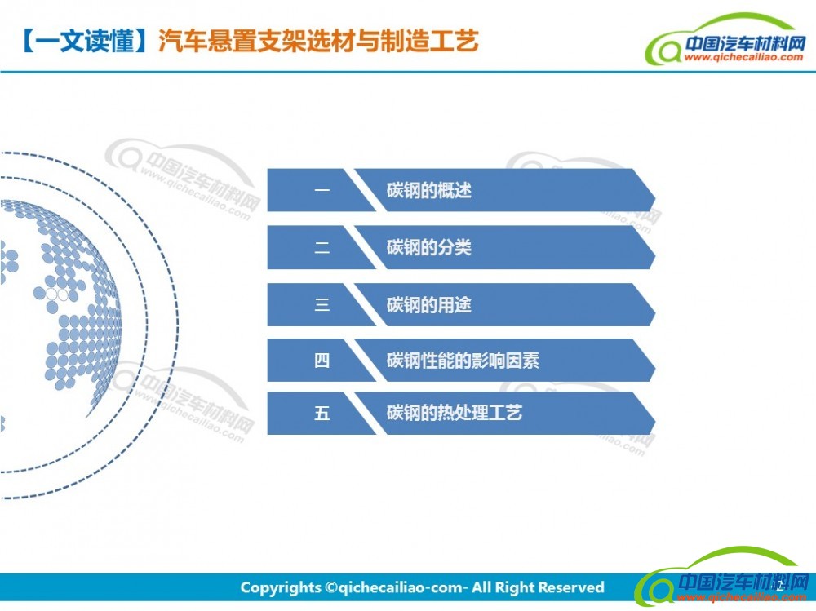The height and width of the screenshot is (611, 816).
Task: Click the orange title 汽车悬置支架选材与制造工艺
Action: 318,41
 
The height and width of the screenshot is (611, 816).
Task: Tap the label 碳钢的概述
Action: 429,191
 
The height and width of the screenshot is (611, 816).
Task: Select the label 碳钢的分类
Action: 429,247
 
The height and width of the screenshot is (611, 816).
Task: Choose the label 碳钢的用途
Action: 429,305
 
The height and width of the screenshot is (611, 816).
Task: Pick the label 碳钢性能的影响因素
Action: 463,360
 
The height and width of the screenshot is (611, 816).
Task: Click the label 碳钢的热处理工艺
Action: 455,413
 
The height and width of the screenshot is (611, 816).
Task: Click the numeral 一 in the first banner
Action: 322,190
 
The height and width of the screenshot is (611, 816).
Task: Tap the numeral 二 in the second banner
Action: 322,247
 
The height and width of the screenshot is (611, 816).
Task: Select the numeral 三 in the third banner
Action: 322,304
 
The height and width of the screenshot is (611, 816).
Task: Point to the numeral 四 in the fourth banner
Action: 322,360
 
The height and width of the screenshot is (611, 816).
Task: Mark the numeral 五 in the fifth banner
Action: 322,414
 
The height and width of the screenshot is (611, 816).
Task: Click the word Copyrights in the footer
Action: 281,588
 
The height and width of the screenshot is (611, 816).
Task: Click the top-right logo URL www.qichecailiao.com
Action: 743,57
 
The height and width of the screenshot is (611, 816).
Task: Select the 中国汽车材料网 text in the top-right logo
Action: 745,43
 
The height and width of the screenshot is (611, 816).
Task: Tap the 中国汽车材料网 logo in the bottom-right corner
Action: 724,578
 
